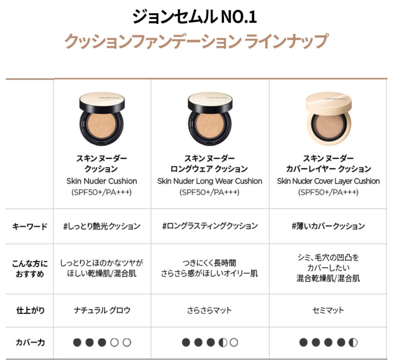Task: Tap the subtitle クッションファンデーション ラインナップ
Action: point(196,41)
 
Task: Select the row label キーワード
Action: point(30,226)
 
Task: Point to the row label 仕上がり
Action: point(30,310)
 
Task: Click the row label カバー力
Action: point(30,343)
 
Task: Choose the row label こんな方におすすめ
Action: point(30,268)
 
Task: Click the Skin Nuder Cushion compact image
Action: point(102,119)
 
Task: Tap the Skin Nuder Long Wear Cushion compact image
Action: point(209,119)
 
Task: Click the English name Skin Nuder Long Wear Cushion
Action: point(209,181)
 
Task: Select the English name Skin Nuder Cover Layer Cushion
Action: point(328,181)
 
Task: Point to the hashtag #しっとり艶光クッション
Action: point(102,226)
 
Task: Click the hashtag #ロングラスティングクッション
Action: point(210,226)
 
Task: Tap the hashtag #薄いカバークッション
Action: point(328,226)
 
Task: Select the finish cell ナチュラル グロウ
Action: point(102,310)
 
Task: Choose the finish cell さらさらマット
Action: point(209,310)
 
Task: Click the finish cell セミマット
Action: point(328,310)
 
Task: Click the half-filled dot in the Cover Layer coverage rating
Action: point(353,343)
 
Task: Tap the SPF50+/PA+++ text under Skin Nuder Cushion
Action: point(102,192)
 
